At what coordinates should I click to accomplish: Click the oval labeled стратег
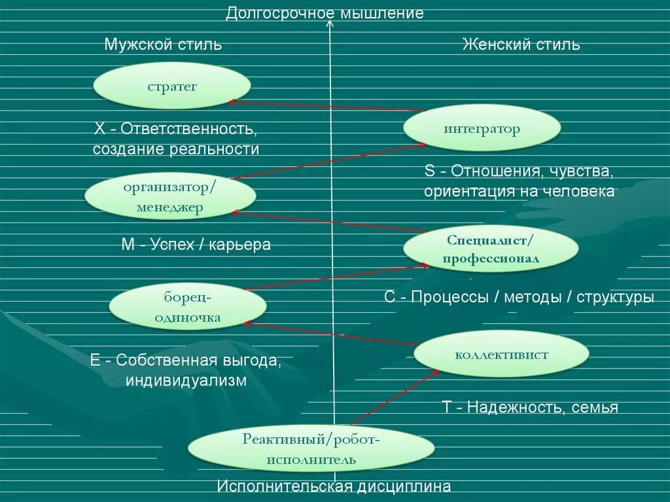(x=172, y=86)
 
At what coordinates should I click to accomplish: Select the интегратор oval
(x=482, y=128)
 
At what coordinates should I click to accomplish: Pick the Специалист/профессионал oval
(x=491, y=249)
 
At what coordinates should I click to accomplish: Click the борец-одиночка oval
(x=187, y=307)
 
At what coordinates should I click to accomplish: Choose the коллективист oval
(x=501, y=354)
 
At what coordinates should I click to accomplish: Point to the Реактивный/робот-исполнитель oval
(x=311, y=449)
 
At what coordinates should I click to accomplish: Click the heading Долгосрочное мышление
(x=325, y=13)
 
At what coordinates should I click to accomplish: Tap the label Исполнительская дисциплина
(x=334, y=487)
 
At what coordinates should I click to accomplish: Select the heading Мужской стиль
(x=163, y=45)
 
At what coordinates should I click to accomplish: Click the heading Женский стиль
(x=521, y=45)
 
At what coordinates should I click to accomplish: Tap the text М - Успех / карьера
(x=196, y=245)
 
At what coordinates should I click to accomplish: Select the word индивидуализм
(x=187, y=380)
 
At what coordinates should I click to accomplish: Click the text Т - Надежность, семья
(x=530, y=407)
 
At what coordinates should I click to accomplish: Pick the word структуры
(x=615, y=296)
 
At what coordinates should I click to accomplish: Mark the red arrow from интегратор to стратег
(x=327, y=106)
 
